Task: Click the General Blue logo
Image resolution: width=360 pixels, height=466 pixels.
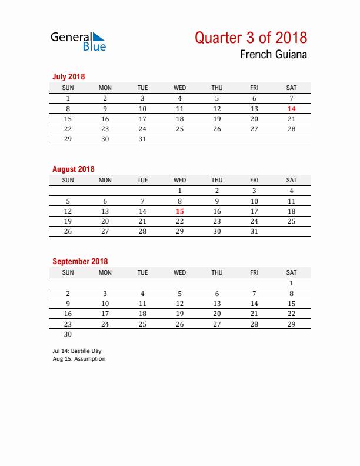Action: point(78,41)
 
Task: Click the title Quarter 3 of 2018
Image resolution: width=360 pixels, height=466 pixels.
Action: point(251,38)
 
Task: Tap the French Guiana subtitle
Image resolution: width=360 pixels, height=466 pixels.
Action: point(273,55)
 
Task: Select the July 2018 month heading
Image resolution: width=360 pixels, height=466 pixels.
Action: point(69,76)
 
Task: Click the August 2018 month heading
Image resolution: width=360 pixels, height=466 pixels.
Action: point(74,169)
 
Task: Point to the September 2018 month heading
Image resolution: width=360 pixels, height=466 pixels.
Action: point(80,261)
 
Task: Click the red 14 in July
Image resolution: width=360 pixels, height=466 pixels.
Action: point(291,109)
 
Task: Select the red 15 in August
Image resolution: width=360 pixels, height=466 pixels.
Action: point(180,211)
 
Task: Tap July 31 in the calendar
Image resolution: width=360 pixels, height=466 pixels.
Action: point(142,139)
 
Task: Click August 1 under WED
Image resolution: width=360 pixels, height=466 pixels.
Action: point(180,191)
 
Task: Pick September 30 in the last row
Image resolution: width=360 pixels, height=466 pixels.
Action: point(68,334)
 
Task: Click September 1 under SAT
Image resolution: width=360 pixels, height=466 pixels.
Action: point(291,283)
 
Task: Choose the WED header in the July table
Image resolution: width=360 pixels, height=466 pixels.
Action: point(180,88)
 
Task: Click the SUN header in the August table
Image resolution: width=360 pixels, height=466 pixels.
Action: point(68,180)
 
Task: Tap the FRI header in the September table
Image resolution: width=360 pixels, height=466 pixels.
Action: point(254,272)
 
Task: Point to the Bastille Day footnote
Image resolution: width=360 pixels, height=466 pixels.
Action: point(76,351)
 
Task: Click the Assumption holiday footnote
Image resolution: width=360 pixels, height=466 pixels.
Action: point(79,359)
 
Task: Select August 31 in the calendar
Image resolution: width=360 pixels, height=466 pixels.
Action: point(254,232)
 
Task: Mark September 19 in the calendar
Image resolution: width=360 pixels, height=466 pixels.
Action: point(180,314)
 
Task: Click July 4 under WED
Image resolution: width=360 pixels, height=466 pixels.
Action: point(180,98)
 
